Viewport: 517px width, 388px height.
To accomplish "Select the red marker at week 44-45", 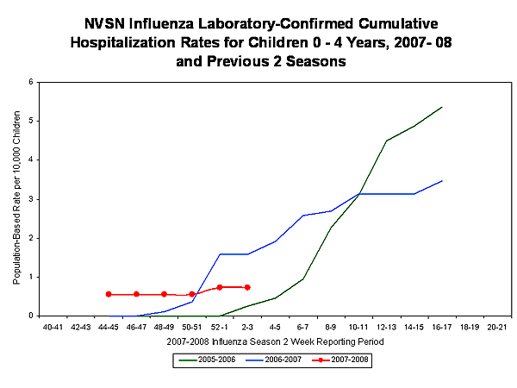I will [x=109, y=294].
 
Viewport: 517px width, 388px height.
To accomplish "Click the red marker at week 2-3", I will [x=247, y=287].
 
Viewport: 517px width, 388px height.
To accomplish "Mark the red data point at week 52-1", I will [x=220, y=287].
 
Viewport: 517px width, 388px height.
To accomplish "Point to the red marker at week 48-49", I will [x=164, y=294].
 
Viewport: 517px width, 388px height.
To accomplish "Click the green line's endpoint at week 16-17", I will [x=442, y=107].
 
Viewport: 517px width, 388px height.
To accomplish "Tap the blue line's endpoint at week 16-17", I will [x=442, y=181].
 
